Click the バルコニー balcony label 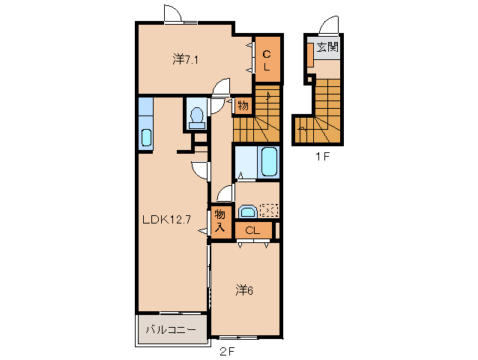170,329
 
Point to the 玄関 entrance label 327,46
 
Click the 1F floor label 322,158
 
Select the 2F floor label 226,350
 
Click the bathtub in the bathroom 269,161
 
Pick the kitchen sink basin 145,137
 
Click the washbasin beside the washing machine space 246,211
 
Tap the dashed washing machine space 268,211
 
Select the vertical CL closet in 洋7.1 267,59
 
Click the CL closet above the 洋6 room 252,230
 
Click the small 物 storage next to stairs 242,106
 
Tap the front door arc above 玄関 328,26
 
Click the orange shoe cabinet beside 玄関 309,55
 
